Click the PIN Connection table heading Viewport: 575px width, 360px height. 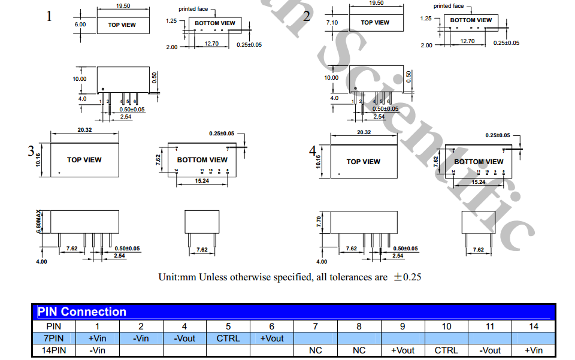tap(82, 311)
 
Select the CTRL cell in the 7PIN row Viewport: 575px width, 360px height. tap(228, 338)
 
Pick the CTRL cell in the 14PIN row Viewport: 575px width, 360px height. tap(446, 350)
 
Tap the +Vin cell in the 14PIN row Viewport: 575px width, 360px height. tap(534, 350)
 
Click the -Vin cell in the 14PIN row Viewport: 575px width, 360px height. tap(98, 350)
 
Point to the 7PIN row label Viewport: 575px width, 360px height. tap(53, 338)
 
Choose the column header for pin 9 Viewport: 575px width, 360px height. tap(402, 326)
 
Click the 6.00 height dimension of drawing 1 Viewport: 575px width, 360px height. tap(80, 25)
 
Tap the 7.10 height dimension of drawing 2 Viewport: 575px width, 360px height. tap(332, 22)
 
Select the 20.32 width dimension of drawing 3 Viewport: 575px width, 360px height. tap(84, 131)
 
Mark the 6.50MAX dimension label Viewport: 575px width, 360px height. tap(39, 221)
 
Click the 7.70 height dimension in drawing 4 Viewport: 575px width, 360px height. tap(319, 222)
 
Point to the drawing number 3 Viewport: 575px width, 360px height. tap(31, 151)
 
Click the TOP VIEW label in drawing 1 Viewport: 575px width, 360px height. tap(122, 25)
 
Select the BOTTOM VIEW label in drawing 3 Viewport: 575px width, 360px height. tap(202, 160)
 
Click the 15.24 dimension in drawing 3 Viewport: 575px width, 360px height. tap(202, 180)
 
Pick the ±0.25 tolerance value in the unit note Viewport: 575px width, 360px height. tap(407, 277)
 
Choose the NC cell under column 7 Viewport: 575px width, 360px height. tap(316, 350)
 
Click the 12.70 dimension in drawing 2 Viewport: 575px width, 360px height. tap(467, 41)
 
